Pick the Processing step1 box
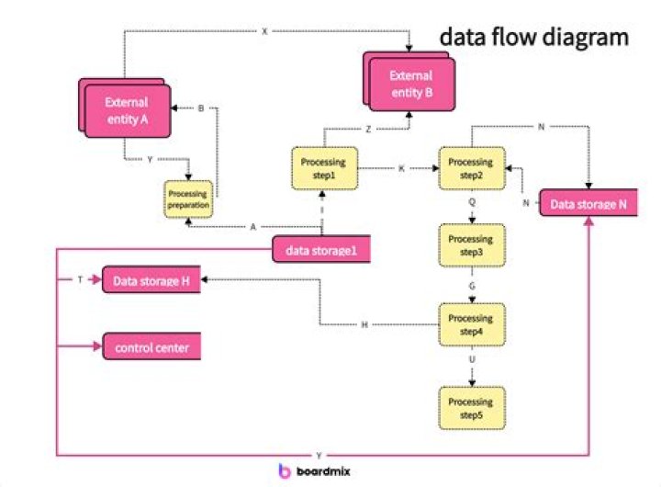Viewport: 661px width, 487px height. tap(321, 168)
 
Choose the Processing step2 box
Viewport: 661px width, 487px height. tap(470, 168)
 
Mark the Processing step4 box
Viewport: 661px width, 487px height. tap(470, 324)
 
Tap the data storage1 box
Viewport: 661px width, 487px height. tap(321, 249)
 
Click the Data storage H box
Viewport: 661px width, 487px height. tap(150, 281)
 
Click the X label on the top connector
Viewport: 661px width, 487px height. tap(264, 31)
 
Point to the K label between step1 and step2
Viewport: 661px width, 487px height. tap(402, 169)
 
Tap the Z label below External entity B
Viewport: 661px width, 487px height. tap(367, 130)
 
